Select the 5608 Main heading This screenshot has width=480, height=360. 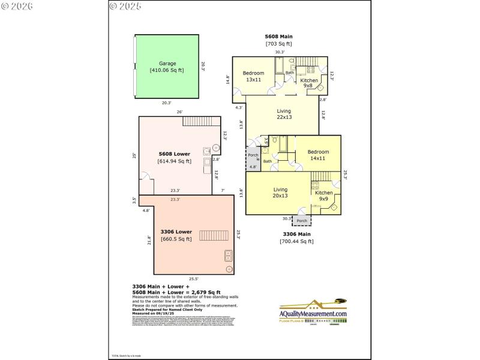click(278, 37)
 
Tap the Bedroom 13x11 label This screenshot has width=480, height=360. click(253, 76)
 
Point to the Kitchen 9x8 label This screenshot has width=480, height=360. click(309, 83)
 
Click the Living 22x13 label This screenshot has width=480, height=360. click(284, 115)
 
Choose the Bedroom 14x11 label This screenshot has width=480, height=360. click(318, 155)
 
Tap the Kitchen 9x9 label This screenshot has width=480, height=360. click(323, 196)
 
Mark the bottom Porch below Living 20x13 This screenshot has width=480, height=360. click(301, 221)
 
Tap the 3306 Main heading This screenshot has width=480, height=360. click(296, 234)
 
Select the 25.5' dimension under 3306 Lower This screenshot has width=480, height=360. click(194, 278)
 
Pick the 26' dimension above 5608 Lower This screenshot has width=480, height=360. click(179, 112)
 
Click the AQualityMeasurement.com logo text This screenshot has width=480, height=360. click(313, 314)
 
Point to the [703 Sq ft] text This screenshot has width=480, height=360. click(278, 44)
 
